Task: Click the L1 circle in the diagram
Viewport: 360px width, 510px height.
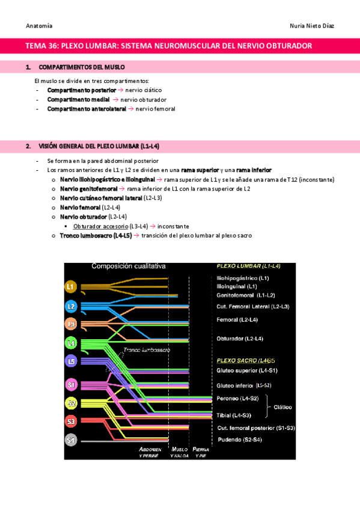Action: (x=71, y=287)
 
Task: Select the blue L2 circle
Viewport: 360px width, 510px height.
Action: (x=71, y=306)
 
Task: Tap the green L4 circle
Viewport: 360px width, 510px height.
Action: (x=71, y=343)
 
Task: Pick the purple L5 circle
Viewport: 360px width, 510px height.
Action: (x=71, y=361)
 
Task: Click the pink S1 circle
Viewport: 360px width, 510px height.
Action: (x=71, y=384)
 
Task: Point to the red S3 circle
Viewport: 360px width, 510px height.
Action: (x=71, y=422)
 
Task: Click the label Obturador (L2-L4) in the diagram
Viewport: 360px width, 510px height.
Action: (x=240, y=339)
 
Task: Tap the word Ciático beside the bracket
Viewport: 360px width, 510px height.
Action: (x=283, y=407)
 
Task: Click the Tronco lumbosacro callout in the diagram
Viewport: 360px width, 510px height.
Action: (x=147, y=349)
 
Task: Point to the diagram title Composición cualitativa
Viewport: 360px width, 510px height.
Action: (x=129, y=266)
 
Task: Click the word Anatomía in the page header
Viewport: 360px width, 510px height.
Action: (x=39, y=26)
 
